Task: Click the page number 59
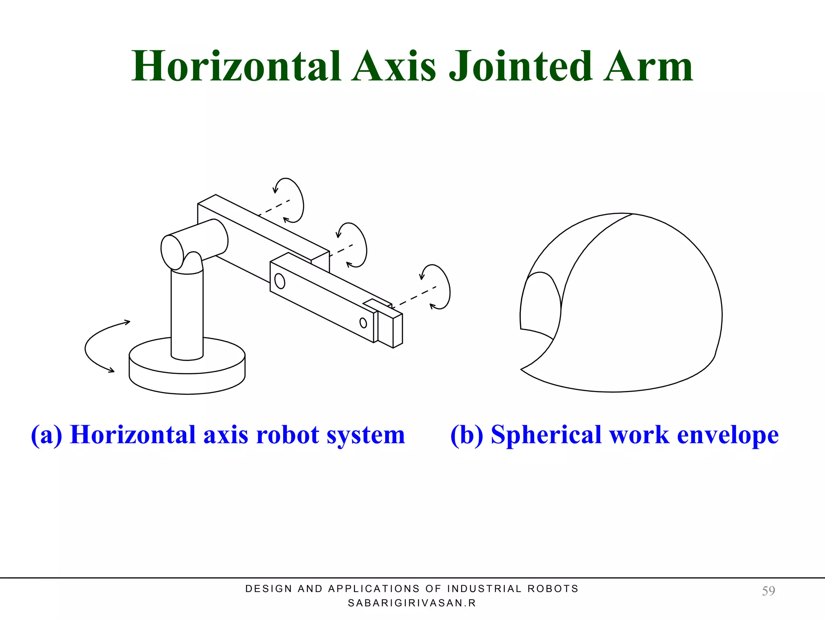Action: pyautogui.click(x=768, y=591)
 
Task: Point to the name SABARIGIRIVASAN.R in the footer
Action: pyautogui.click(x=412, y=603)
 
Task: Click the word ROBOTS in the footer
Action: pyautogui.click(x=553, y=589)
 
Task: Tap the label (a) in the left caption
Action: pyautogui.click(x=47, y=435)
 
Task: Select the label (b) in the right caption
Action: pyautogui.click(x=466, y=435)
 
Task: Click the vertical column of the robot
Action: pyautogui.click(x=187, y=314)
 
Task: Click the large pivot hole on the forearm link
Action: pyautogui.click(x=280, y=281)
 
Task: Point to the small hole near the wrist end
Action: pyautogui.click(x=363, y=323)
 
